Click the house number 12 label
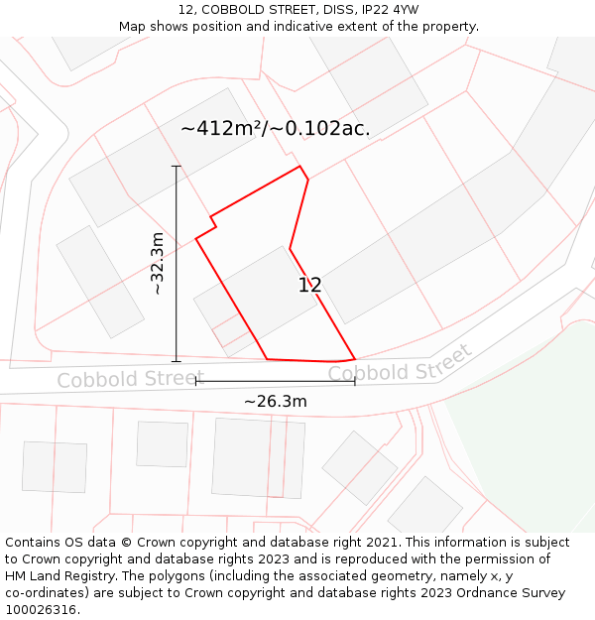309,286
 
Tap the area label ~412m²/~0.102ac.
276,128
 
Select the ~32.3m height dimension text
158,263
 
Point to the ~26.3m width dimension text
276,402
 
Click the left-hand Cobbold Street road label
116,380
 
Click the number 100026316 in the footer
41,610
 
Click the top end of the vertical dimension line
177,166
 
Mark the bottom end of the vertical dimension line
177,361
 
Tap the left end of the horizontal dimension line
196,381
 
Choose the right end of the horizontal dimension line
355,381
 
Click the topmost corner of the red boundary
300,167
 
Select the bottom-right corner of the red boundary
355,358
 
